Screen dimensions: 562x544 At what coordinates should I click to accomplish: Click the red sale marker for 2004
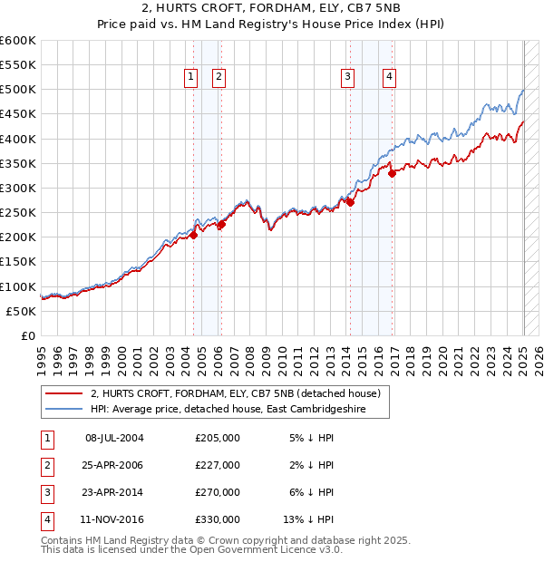click(193, 235)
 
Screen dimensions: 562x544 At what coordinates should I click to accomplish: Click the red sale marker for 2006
click(220, 225)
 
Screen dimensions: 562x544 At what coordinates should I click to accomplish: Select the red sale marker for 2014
click(350, 203)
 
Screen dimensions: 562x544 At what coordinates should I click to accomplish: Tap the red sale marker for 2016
click(392, 173)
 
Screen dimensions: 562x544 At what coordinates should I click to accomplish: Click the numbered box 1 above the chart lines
click(191, 78)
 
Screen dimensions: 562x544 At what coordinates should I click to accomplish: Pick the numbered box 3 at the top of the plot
click(347, 78)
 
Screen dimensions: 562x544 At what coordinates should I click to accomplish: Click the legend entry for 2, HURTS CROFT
click(240, 393)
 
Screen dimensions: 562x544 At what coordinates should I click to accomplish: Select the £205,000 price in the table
click(218, 438)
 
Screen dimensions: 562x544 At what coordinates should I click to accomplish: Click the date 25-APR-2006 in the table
click(114, 465)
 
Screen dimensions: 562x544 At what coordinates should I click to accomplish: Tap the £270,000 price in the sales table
click(218, 492)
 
